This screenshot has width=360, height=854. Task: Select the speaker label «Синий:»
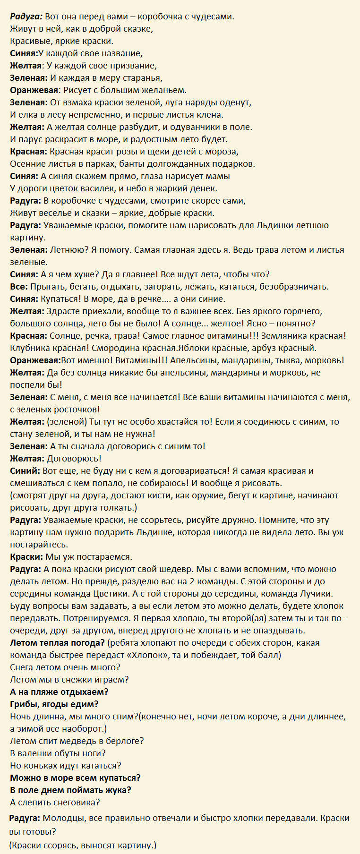pos(25,471)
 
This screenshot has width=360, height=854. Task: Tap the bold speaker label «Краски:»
pos(26,557)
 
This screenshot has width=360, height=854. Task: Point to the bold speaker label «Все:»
pos(19,287)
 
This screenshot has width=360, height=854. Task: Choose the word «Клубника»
pos(30,348)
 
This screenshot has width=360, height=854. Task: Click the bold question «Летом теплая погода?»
pos(57,643)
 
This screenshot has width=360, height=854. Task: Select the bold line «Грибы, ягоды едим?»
pos(54,704)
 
